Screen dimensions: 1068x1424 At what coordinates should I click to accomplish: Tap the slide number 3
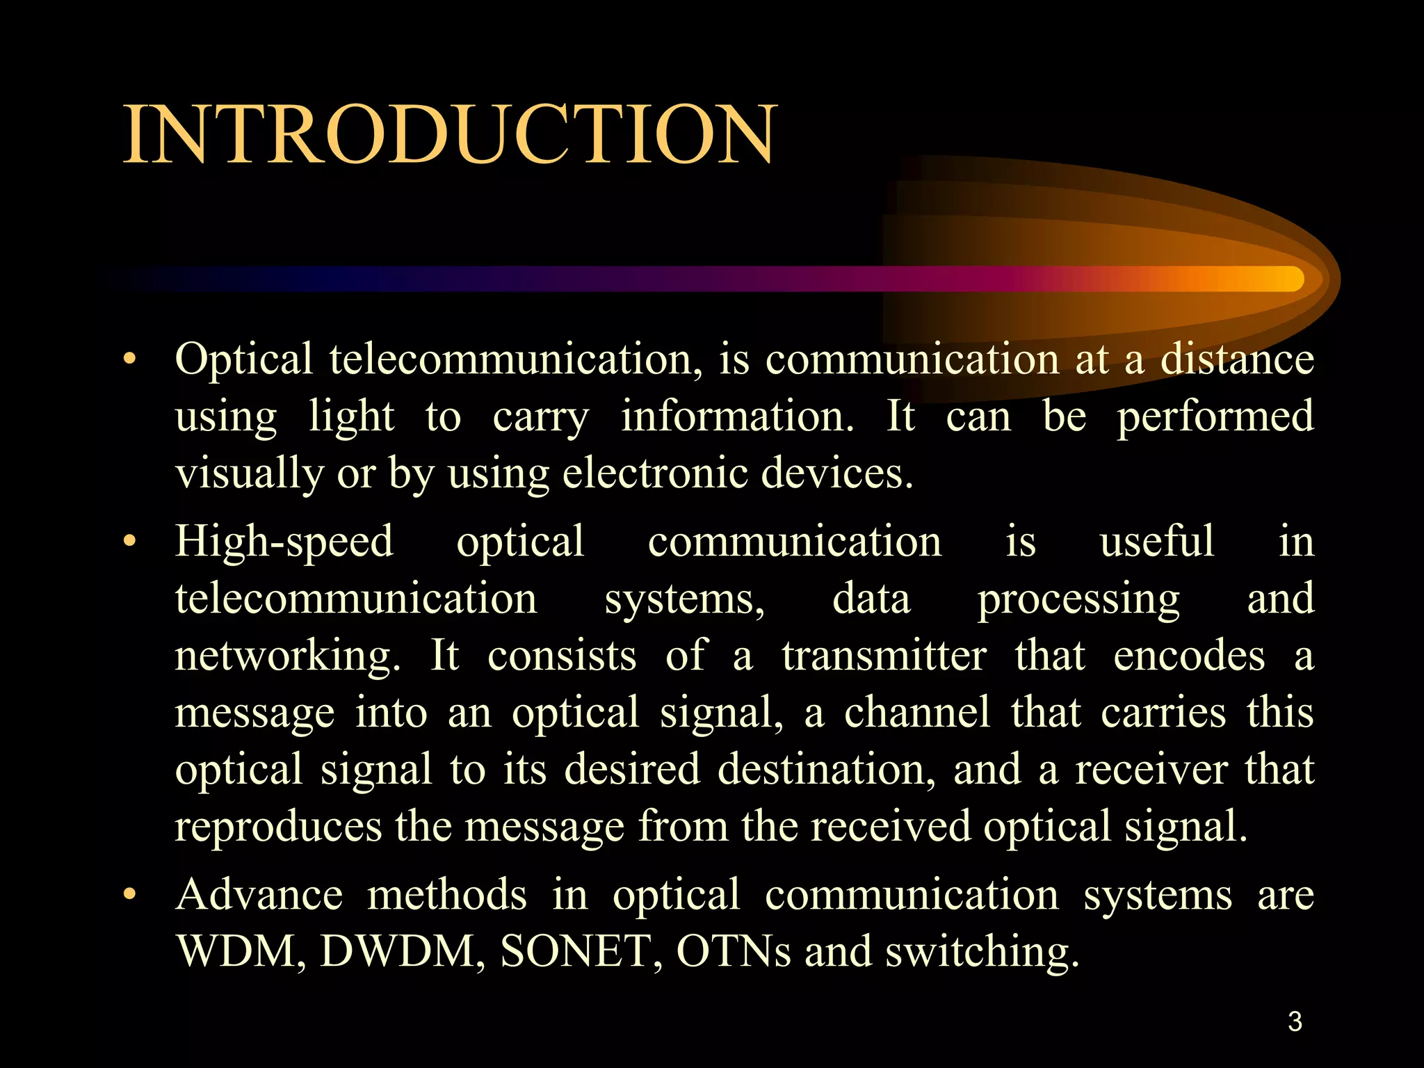tap(1295, 1021)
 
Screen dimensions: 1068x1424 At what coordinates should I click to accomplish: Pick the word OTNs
tap(733, 951)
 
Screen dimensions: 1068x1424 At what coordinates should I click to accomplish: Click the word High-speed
tap(284, 542)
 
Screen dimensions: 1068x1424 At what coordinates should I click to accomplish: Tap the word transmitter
tap(884, 656)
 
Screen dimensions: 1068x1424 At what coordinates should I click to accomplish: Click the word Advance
tap(259, 895)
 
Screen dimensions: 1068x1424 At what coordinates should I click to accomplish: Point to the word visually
tap(249, 474)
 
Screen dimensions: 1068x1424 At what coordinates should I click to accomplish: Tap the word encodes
tap(1189, 656)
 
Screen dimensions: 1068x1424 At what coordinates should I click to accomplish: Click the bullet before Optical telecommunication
tap(129, 360)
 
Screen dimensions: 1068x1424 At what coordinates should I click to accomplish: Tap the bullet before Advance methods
tap(129, 895)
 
